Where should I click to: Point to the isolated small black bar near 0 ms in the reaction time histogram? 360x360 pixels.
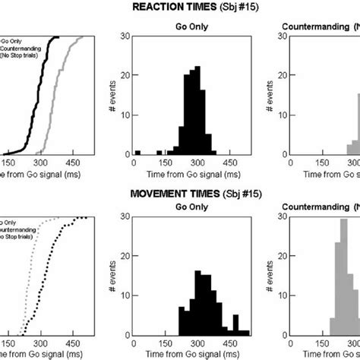[137, 152]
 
